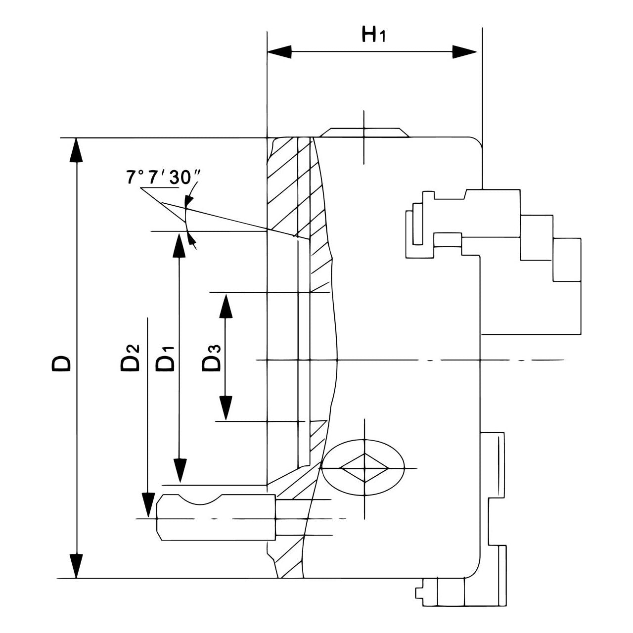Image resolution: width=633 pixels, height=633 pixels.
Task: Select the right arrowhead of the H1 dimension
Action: click(x=465, y=52)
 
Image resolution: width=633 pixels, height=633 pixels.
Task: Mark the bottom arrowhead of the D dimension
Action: click(x=76, y=566)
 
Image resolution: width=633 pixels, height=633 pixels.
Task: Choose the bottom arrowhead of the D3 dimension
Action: click(x=226, y=408)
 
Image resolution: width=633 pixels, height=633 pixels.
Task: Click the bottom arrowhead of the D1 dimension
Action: click(x=180, y=470)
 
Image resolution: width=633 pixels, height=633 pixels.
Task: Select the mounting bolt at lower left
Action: click(x=216, y=517)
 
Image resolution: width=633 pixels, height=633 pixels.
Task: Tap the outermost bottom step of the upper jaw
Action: click(x=567, y=260)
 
